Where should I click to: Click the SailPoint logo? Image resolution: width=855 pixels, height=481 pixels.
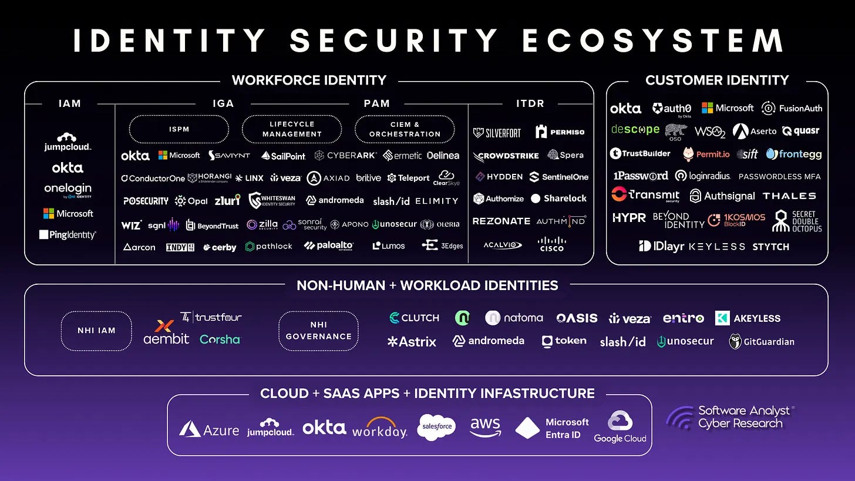click(284, 156)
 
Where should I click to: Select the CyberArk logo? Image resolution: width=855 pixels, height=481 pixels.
click(346, 156)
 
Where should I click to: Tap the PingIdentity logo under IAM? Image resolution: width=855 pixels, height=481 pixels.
click(68, 235)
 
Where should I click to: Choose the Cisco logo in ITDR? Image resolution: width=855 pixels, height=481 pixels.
click(551, 244)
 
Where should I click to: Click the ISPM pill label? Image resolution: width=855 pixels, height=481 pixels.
click(179, 129)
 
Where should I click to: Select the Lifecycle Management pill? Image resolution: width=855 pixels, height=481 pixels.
click(292, 129)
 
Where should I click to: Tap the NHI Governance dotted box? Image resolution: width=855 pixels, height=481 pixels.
click(318, 331)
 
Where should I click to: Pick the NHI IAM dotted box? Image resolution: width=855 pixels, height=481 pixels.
click(96, 331)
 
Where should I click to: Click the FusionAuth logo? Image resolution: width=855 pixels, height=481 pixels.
click(792, 108)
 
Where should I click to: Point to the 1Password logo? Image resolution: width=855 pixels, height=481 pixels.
click(641, 176)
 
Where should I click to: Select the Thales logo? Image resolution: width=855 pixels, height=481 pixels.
click(789, 196)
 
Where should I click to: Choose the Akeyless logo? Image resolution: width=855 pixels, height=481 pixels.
click(748, 318)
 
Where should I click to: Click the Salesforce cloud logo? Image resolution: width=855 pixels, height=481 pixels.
click(436, 427)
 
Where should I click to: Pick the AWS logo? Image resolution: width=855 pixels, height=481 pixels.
click(486, 427)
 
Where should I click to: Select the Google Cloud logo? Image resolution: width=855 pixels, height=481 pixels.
click(620, 427)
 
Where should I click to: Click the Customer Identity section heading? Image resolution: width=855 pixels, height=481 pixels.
click(717, 80)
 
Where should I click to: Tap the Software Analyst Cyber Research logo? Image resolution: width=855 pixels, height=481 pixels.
click(731, 418)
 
